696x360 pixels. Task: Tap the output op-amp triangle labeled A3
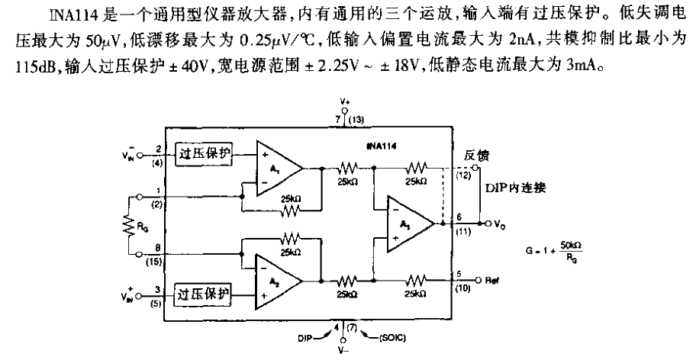(409, 223)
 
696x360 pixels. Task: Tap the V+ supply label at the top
(344, 101)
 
